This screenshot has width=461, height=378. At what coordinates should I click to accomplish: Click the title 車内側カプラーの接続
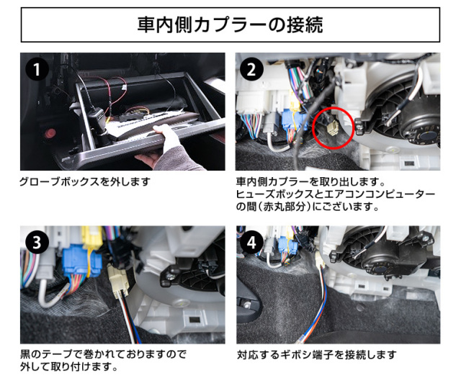click(230, 24)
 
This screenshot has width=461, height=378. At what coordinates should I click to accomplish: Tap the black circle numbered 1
click(37, 69)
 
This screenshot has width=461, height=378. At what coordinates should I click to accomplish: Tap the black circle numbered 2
click(251, 69)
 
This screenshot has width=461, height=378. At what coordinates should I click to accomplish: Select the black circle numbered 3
click(37, 243)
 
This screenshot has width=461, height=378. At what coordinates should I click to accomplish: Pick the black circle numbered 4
click(251, 243)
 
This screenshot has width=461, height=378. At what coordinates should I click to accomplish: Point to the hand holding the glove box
click(165, 147)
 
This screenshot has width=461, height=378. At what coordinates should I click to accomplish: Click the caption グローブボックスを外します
click(85, 182)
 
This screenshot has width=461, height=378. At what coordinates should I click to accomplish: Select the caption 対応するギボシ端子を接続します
click(317, 355)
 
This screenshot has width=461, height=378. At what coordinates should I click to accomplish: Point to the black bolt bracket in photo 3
click(170, 276)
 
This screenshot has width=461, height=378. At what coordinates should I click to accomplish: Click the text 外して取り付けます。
click(69, 366)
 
